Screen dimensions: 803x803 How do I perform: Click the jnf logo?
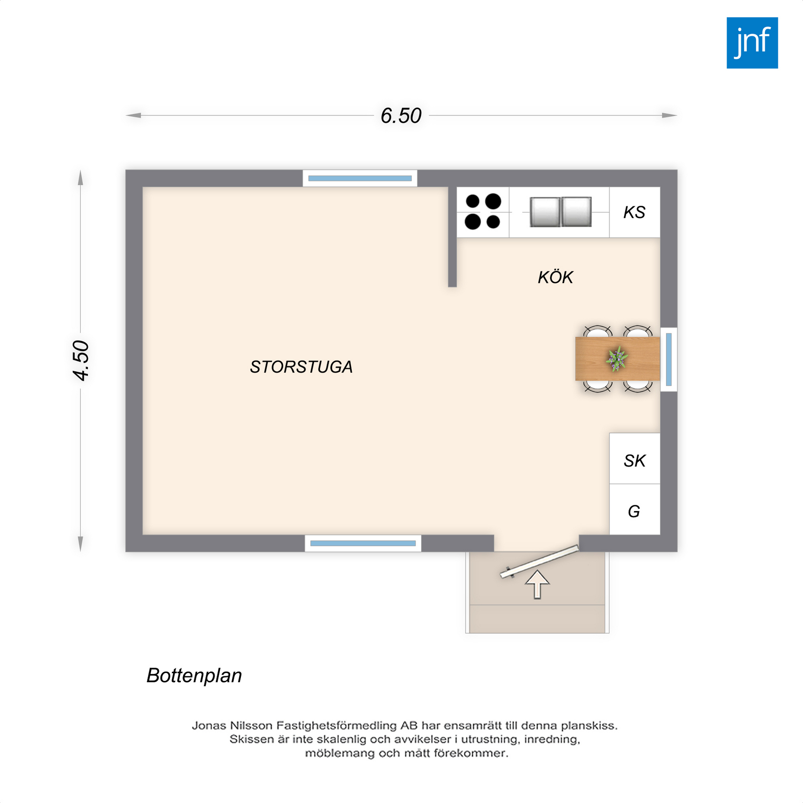pos(752,43)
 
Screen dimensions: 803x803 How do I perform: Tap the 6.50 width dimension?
pos(401,116)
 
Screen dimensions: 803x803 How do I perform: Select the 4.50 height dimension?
pos(81,361)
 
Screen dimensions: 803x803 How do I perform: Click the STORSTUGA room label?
pos(301,367)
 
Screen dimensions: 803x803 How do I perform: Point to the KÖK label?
pos(555,277)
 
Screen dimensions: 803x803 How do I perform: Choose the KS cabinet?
pos(634,212)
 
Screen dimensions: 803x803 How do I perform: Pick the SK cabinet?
pos(634,458)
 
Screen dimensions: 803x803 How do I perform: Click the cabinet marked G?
pos(634,509)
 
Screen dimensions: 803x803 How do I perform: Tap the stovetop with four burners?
pos(483,212)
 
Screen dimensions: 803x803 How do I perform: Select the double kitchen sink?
pos(560,212)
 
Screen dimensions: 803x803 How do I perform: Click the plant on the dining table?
pos(616,359)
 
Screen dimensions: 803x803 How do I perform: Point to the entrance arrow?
pos(537,585)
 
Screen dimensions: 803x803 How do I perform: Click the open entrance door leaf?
pos(540,562)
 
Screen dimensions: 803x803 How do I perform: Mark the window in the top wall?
pos(360,178)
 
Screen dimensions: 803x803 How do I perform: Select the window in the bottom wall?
pos(363,543)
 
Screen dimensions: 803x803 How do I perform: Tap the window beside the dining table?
pos(668,359)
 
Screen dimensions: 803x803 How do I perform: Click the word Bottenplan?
pos(194,676)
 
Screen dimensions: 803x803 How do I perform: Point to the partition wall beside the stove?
pos(452,237)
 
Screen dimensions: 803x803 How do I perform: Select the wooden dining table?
pos(617,359)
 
